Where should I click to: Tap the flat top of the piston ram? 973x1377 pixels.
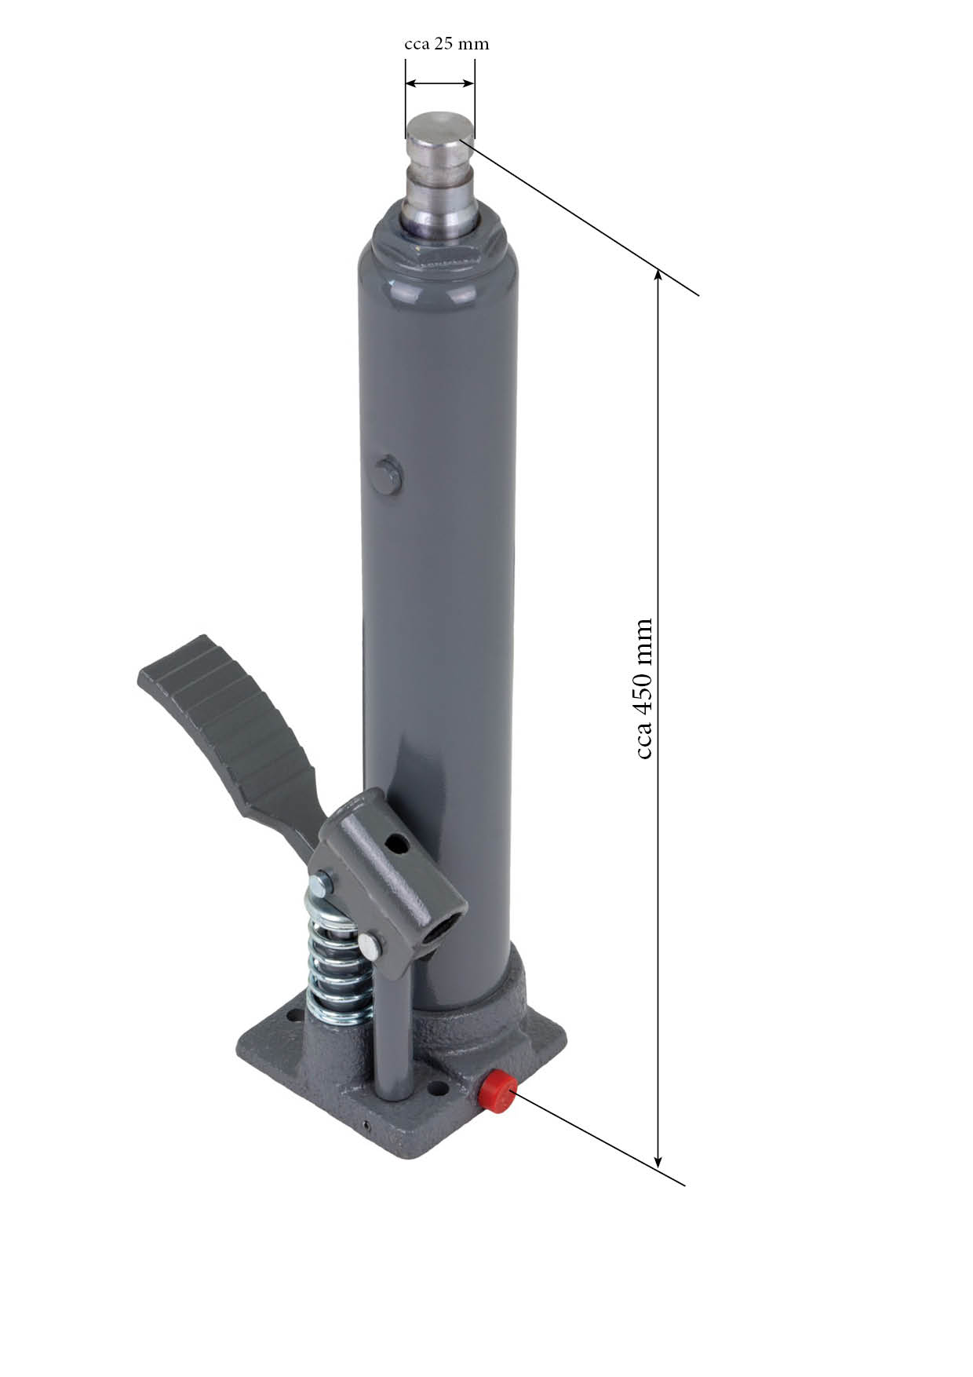pos(439,126)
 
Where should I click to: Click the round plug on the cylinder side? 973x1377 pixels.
pos(388,475)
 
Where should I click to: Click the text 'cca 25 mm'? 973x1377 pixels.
pos(446,44)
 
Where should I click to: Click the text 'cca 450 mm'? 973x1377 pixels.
pos(643,688)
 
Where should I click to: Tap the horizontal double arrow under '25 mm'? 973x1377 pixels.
pos(440,83)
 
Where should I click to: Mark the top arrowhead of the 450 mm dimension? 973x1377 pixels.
pos(658,276)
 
